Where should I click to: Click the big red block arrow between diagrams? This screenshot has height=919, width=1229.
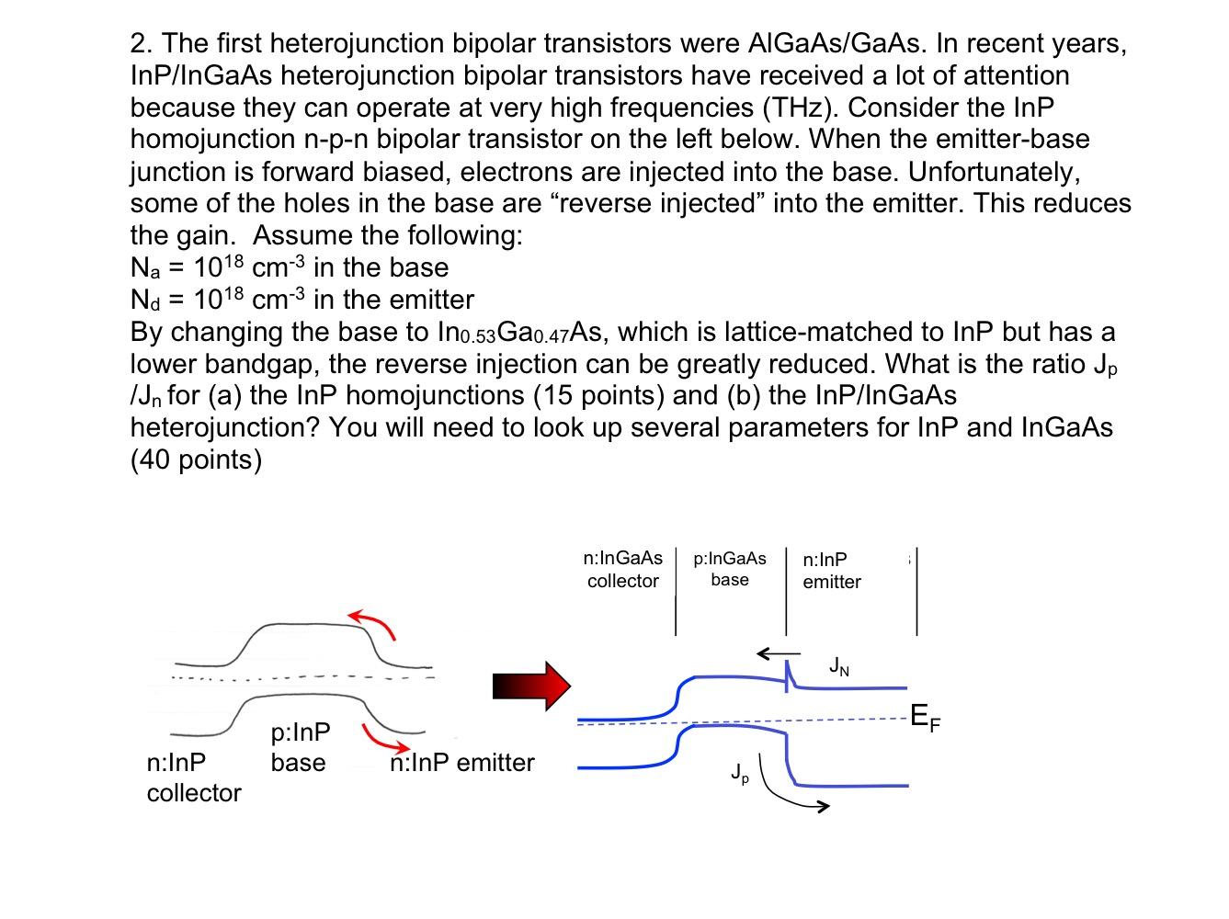[x=531, y=686]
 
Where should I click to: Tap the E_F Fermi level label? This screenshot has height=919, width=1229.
[x=925, y=718]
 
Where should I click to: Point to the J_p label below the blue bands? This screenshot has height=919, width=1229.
[x=740, y=773]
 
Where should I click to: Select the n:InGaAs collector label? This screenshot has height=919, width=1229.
[x=623, y=570]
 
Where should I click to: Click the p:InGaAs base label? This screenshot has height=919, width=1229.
[x=730, y=569]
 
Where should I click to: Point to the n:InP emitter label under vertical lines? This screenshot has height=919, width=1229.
[x=831, y=571]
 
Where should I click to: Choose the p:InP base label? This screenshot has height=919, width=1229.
[x=300, y=747]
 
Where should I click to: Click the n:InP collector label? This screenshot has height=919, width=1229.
[x=193, y=777]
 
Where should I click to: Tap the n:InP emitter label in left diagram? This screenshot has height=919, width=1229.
[x=461, y=763]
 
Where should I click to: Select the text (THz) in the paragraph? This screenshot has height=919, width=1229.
[x=798, y=108]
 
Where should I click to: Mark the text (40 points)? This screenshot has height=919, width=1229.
[x=196, y=459]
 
